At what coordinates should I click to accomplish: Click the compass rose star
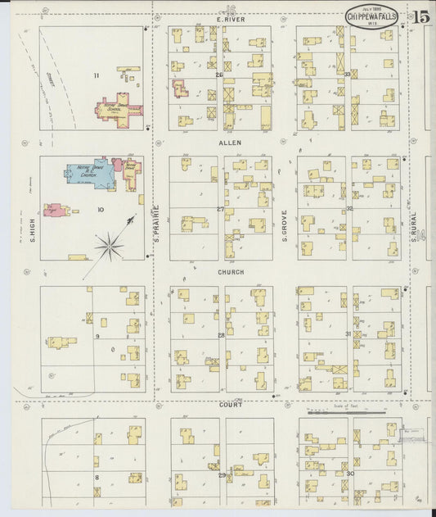pyautogui.click(x=110, y=243)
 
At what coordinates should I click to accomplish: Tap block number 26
pyautogui.click(x=218, y=75)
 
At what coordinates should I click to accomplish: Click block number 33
pyautogui.click(x=348, y=75)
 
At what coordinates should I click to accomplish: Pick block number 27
pyautogui.click(x=220, y=209)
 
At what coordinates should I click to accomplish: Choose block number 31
pyautogui.click(x=348, y=334)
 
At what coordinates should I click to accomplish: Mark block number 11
pyautogui.click(x=96, y=75)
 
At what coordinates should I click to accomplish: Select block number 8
pyautogui.click(x=97, y=476)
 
